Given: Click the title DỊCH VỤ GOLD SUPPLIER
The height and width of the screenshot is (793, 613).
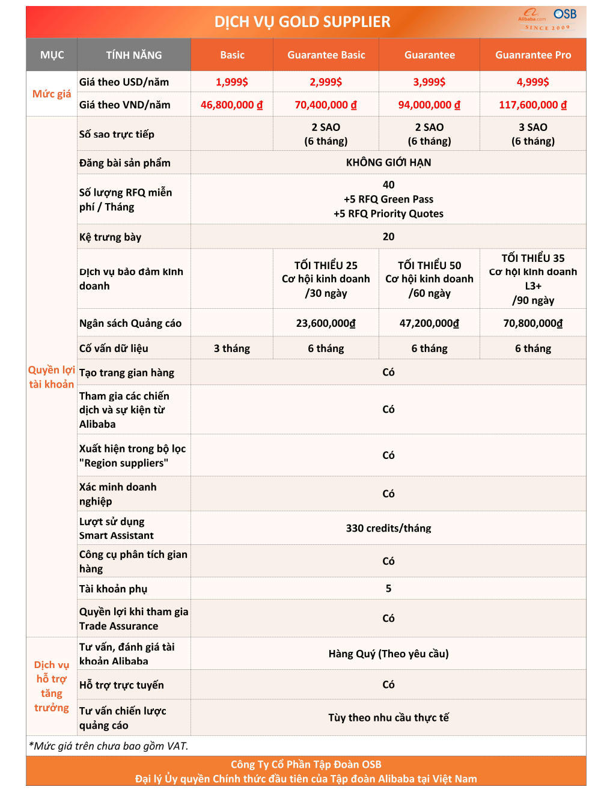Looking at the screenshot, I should click(x=302, y=22).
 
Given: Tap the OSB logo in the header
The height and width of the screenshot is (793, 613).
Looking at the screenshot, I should click(x=564, y=14).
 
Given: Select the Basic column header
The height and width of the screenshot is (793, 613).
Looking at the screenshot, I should click(x=232, y=55).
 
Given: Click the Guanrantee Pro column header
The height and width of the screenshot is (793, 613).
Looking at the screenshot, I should click(x=532, y=55).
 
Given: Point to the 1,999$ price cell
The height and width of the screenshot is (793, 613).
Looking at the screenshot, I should click(x=232, y=82).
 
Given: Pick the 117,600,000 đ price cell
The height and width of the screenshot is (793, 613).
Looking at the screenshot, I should click(x=532, y=105).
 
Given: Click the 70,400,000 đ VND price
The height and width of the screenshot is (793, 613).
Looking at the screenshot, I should click(x=326, y=105).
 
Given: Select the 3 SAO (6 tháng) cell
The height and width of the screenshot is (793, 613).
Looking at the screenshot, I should click(x=532, y=134).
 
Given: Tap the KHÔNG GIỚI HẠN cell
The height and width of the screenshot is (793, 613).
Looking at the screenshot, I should click(x=388, y=163).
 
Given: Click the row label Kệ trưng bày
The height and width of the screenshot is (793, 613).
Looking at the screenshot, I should click(x=111, y=237).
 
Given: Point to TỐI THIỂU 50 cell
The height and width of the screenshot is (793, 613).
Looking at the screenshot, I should click(x=429, y=279).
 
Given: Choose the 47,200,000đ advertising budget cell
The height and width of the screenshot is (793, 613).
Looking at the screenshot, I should click(x=429, y=323).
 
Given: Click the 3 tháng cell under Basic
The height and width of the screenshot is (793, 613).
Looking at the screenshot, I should click(x=232, y=348).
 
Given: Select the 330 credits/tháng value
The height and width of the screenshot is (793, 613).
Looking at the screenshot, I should click(x=388, y=529).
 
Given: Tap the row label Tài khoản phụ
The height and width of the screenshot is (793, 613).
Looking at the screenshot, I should click(x=114, y=589).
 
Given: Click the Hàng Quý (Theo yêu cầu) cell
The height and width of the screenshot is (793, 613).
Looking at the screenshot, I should click(x=388, y=654).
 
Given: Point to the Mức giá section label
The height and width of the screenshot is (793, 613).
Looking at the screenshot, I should click(x=52, y=94).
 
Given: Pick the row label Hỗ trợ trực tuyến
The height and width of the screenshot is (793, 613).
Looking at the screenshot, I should click(x=121, y=685).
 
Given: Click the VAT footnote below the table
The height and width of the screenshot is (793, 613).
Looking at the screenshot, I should click(x=109, y=746).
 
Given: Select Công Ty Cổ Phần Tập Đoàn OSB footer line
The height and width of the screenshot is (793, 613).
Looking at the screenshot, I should click(x=306, y=765).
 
